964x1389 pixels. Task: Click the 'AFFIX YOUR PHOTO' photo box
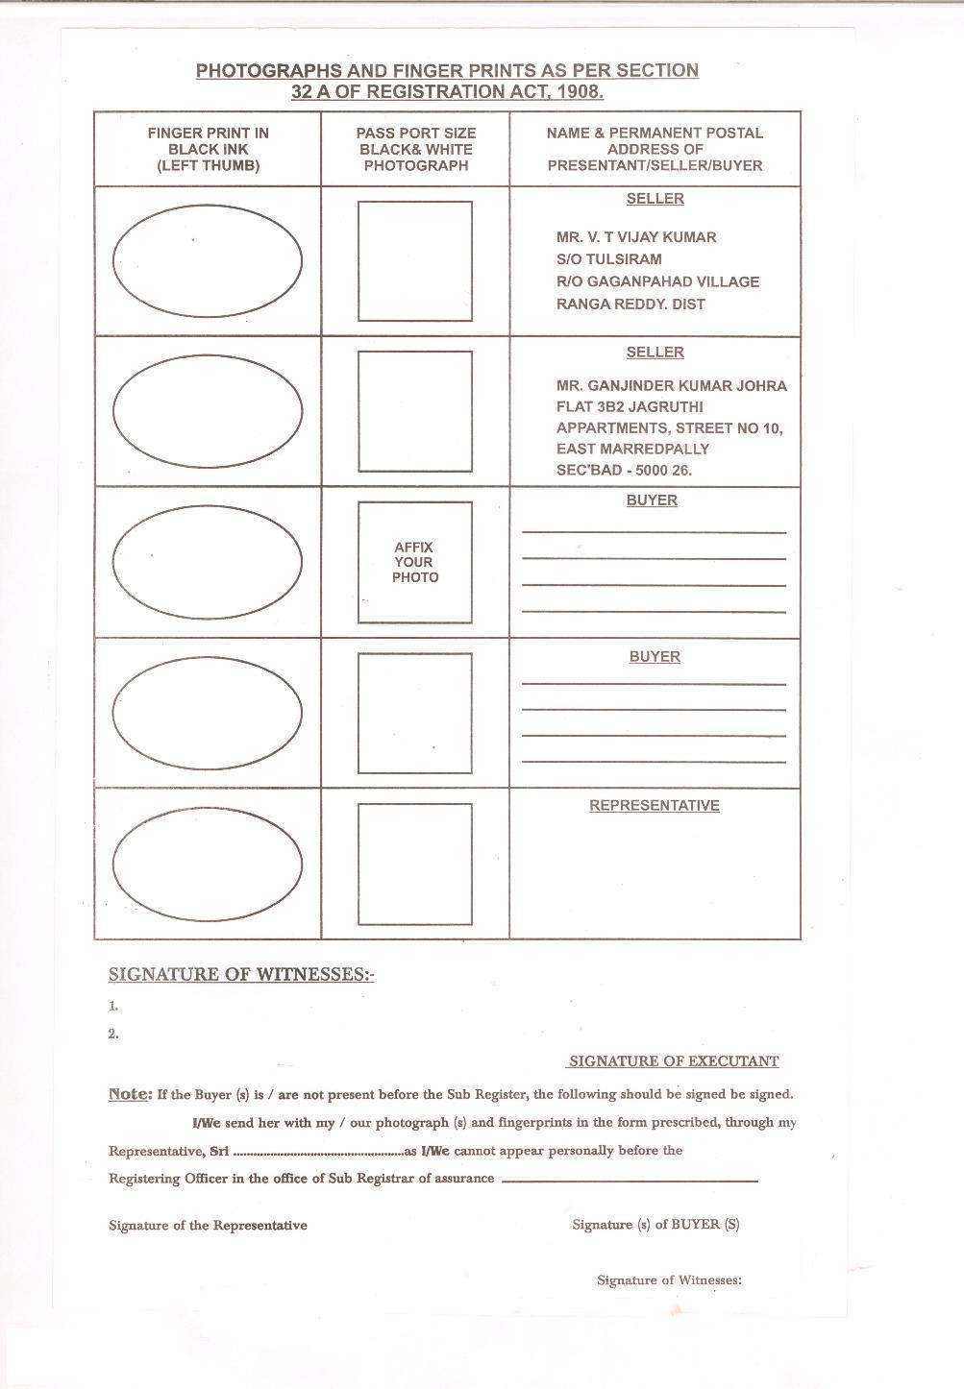point(414,562)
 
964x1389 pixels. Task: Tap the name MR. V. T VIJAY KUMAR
point(635,237)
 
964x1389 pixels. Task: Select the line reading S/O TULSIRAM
point(608,259)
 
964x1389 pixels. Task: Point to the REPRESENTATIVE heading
point(654,806)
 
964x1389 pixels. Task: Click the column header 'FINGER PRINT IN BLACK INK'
point(208,149)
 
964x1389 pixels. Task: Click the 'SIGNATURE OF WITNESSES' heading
point(240,974)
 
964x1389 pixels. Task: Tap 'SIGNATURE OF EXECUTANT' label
point(673,1061)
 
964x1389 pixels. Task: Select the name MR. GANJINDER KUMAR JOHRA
point(671,386)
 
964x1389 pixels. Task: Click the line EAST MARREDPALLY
point(632,449)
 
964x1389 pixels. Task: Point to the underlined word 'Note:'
point(130,1094)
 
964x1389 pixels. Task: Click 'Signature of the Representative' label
point(208,1226)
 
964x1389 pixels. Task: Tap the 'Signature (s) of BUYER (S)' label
point(655,1225)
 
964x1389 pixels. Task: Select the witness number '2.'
point(113,1034)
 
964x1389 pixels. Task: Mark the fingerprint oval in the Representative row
point(208,864)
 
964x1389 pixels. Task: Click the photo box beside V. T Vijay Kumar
point(414,260)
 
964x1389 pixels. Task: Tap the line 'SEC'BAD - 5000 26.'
point(624,471)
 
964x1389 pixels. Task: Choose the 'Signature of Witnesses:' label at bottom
point(669,1280)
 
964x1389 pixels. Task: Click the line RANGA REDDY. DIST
point(630,305)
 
